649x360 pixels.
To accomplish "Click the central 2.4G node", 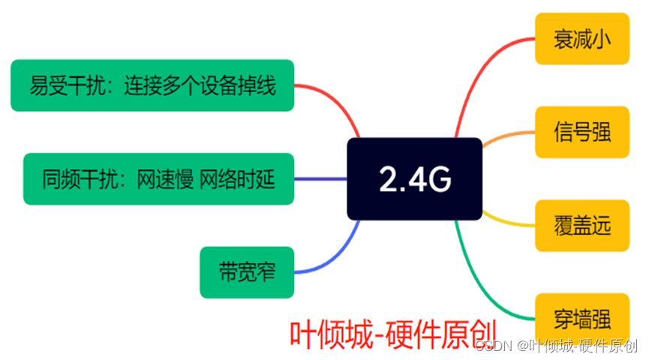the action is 414,178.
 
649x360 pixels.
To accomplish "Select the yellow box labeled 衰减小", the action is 581,38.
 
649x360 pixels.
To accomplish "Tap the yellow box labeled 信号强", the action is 581,132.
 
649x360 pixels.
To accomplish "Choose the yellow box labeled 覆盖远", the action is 581,225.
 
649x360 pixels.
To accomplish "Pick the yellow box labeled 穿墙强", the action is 581,319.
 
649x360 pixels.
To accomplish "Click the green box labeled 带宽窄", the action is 247,271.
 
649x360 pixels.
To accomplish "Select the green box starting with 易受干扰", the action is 152,85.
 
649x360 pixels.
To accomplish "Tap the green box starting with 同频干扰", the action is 158,179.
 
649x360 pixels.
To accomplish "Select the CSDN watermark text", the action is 556,346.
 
